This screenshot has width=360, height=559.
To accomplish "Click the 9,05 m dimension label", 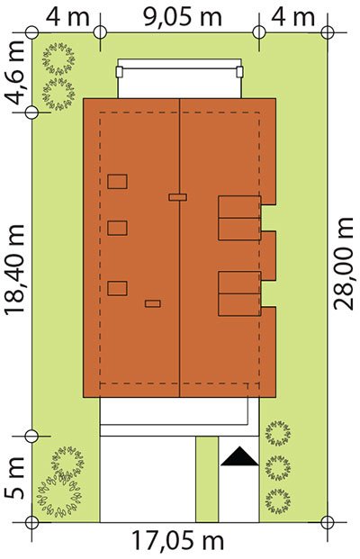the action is coord(183,16).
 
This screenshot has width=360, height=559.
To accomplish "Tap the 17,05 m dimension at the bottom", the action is coord(178,540).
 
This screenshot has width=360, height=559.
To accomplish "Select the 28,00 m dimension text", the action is coord(344,264).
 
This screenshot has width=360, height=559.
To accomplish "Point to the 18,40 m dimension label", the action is coord(14,270).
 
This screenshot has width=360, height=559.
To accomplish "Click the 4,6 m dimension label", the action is coord(15,73).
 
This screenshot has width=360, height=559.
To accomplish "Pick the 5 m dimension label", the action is coord(14,477).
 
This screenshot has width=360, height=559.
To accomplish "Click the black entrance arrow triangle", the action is coord(239,456).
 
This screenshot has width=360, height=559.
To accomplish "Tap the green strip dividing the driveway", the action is coord(207,479).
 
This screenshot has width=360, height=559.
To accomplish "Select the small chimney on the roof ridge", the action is coord(178,197).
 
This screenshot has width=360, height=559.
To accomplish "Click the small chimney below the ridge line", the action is coord(153,303).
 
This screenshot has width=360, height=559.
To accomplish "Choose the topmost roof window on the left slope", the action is coord(117,182).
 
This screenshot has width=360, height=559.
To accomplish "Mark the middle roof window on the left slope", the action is coord(117,228).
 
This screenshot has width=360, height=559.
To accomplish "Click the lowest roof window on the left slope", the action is coord(117,288).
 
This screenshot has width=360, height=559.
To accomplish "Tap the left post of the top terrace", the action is coord(120,72).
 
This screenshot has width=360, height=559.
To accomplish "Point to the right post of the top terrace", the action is coord(240,72).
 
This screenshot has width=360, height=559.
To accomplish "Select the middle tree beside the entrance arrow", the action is coord(278,467).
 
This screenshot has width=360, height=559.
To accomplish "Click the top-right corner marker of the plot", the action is coord(328,32).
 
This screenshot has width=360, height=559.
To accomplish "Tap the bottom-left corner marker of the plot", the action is coord(31,523).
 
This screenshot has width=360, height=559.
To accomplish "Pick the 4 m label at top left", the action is coord(67,16).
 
